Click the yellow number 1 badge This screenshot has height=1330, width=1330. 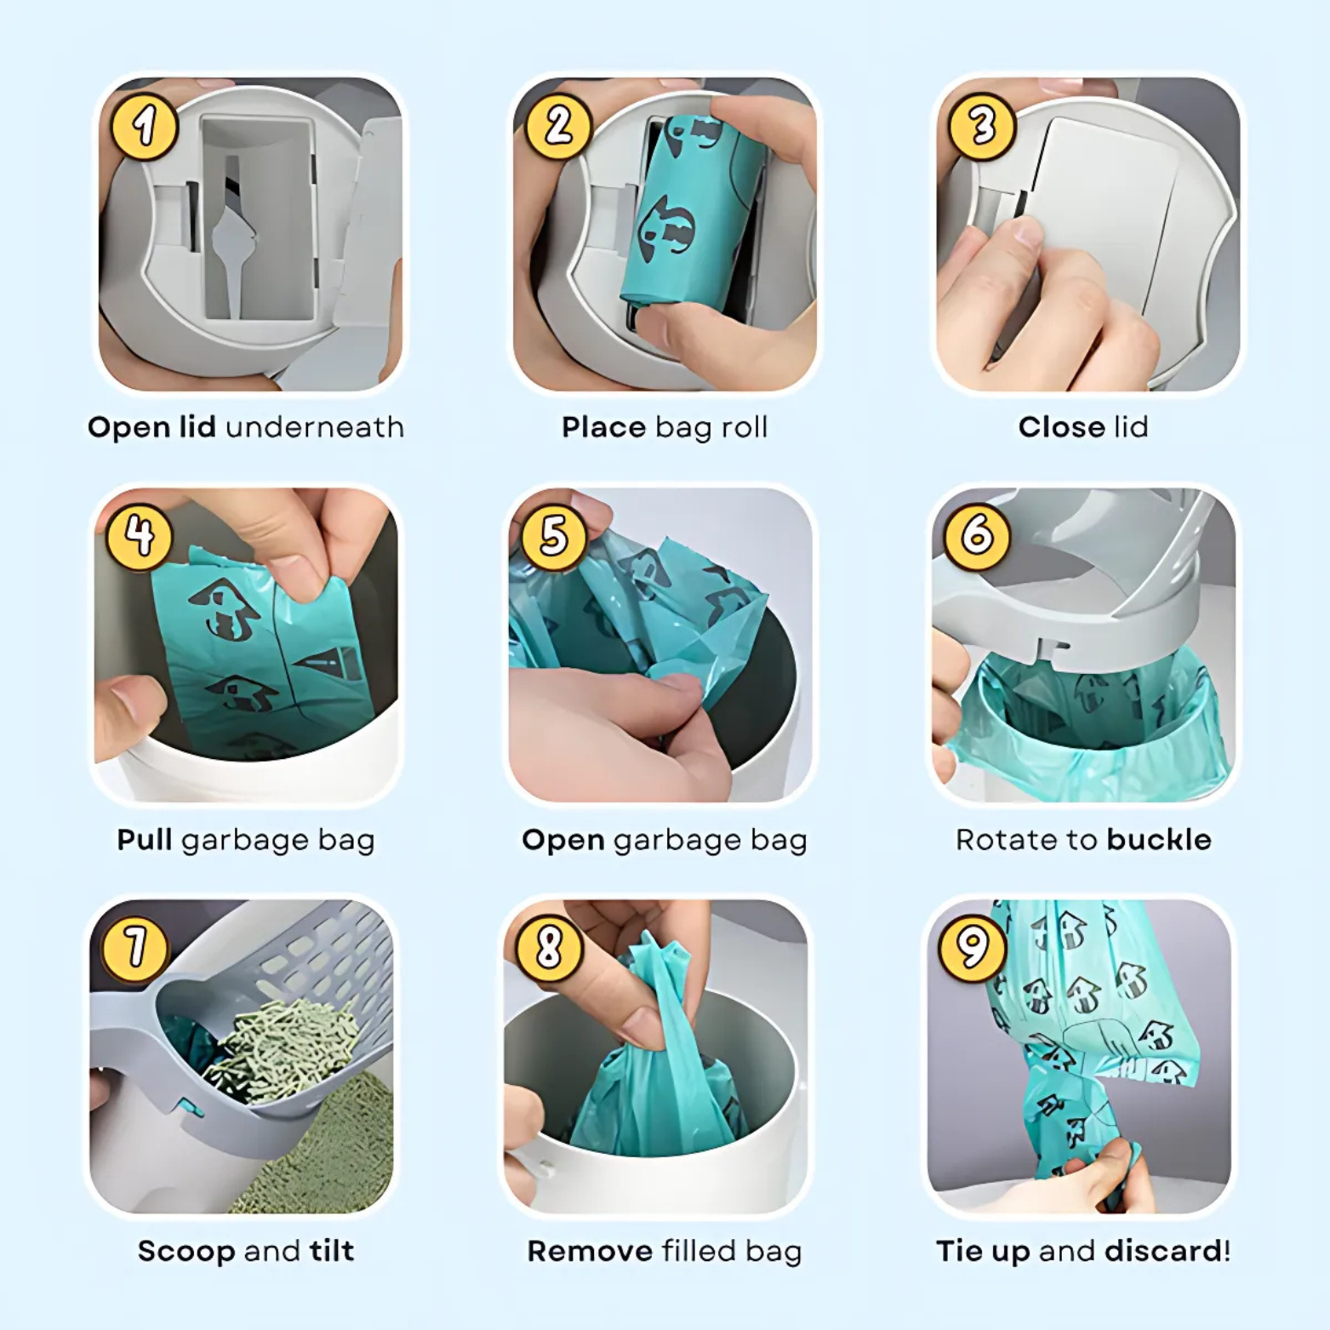pos(144,127)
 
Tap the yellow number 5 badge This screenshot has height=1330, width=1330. pos(554,536)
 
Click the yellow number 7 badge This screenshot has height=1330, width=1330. pos(134,947)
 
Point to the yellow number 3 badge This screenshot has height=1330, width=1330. pos(982,127)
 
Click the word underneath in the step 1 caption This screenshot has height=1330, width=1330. pos(314,427)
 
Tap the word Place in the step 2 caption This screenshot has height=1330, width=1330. pos(603,427)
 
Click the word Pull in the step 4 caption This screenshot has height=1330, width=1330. pos(145,840)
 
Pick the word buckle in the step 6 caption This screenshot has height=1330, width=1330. pos(1158,840)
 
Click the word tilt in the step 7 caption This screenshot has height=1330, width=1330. pos(331,1251)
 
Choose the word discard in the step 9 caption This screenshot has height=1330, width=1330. pos(1162,1251)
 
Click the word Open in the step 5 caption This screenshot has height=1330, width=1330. pos(562,840)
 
